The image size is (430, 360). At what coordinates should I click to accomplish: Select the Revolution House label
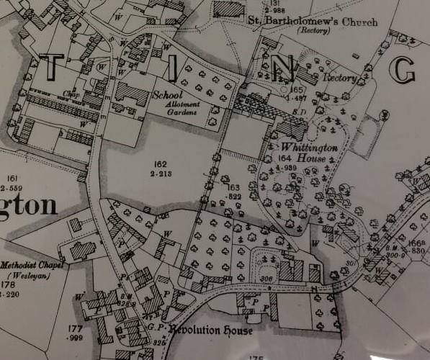tap(220, 330)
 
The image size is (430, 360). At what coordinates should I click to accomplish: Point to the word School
tap(169, 94)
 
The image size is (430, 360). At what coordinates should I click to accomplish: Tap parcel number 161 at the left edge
tap(11, 178)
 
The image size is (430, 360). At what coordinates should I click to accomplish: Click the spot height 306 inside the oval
tap(268, 279)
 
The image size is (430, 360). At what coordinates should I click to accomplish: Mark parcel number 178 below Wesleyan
tap(9, 285)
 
